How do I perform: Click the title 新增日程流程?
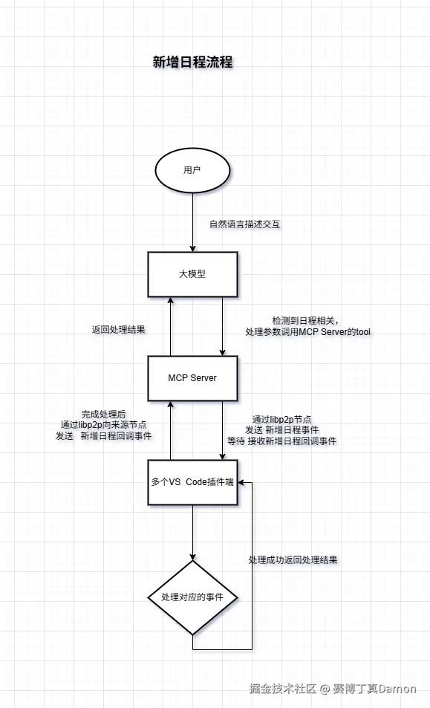click(192, 62)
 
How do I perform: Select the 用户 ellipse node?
click(192, 170)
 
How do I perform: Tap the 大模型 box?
click(192, 273)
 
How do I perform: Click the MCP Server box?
click(192, 377)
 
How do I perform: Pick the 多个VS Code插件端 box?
click(192, 481)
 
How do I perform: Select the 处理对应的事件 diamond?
click(192, 597)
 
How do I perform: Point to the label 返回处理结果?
click(118, 329)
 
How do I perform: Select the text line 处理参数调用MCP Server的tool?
click(307, 331)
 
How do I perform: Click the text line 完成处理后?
click(103, 414)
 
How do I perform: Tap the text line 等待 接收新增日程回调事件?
click(281, 441)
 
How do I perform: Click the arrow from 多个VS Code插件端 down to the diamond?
click(192, 532)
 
